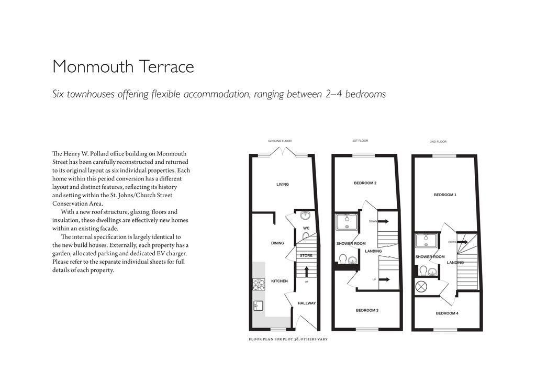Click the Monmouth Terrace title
[123, 67]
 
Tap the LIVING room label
[283, 184]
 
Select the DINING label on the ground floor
[277, 243]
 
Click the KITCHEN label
[279, 281]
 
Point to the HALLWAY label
[307, 303]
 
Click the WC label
[307, 228]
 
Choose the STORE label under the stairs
[306, 255]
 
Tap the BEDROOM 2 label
[365, 183]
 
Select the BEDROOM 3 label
[367, 310]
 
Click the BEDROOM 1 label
[445, 195]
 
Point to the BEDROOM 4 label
[447, 313]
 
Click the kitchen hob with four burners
[259, 285]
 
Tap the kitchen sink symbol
[258, 306]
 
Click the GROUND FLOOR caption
[280, 141]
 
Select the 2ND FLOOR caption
[439, 142]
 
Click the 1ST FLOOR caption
[360, 141]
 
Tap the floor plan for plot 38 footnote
[288, 339]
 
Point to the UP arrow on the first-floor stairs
[384, 279]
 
